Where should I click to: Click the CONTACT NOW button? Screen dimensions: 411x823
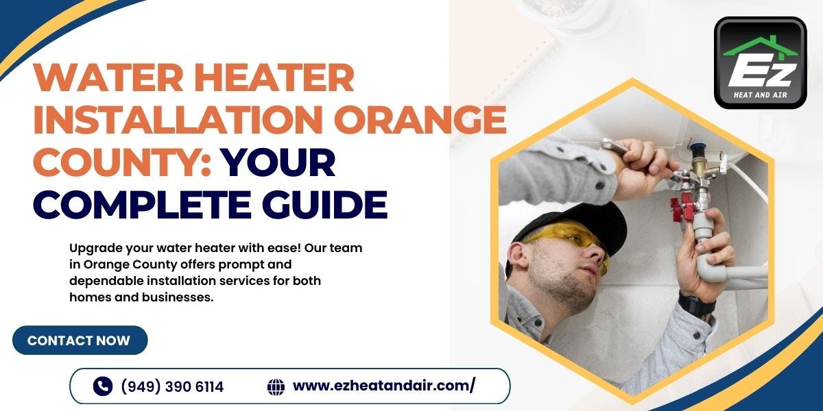[x=79, y=340]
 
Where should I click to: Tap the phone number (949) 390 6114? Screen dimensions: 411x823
[x=172, y=387]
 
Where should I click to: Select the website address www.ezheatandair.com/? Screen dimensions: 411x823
[x=384, y=386]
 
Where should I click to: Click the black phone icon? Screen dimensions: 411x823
[x=102, y=386]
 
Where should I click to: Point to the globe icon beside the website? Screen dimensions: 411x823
[x=276, y=386]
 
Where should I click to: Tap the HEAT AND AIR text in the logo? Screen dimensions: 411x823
[x=760, y=95]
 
